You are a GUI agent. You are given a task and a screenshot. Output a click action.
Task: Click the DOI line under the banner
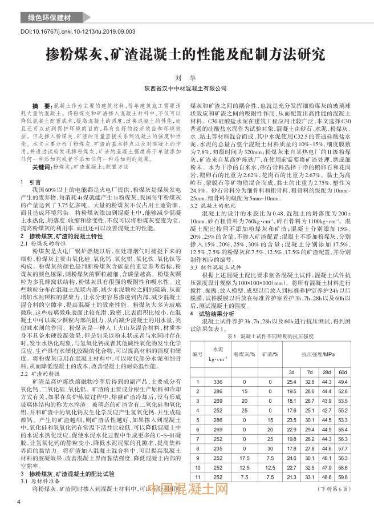[79, 33]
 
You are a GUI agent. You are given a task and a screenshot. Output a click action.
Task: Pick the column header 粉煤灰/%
[243, 355]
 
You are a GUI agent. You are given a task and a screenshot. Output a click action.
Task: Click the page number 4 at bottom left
[20, 502]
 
